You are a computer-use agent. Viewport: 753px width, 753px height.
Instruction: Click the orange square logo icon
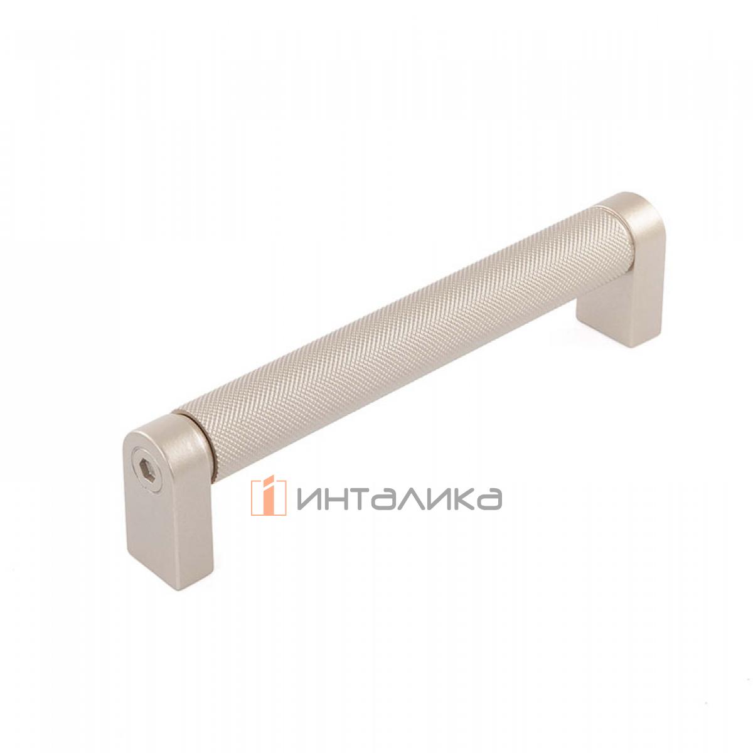[x=269, y=498]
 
